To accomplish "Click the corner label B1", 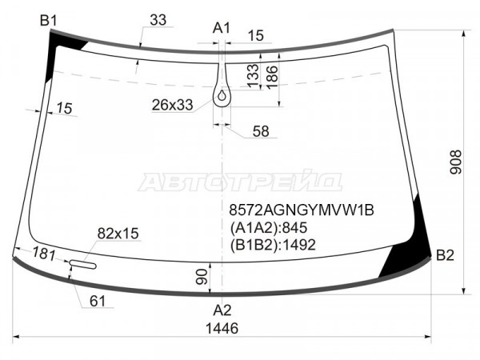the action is [x=48, y=21].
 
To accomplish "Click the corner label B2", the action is [x=445, y=255].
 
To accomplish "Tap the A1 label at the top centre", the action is [x=222, y=28].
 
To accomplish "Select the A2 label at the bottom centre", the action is [x=222, y=310].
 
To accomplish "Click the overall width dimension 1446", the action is [x=222, y=329].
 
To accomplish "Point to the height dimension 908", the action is [x=455, y=162].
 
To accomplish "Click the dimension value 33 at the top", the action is [x=158, y=20].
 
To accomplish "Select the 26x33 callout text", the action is [x=172, y=105].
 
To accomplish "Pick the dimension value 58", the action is [x=261, y=131].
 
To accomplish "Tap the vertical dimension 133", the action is [x=253, y=75].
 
